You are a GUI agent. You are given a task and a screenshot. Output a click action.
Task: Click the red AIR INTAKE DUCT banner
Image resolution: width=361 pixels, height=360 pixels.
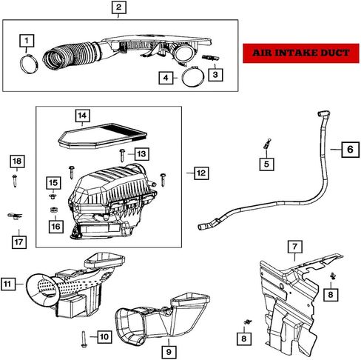[x=301, y=53]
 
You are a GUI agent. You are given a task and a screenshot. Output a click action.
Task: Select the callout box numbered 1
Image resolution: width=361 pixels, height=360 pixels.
[x=27, y=41]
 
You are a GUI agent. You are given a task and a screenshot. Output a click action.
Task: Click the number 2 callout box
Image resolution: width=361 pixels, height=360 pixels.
[x=119, y=7]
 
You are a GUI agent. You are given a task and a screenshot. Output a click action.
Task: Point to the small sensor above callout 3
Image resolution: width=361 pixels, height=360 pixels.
[x=211, y=59]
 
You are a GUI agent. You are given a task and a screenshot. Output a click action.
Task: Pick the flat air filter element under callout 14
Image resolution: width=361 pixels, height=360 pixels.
[x=103, y=136]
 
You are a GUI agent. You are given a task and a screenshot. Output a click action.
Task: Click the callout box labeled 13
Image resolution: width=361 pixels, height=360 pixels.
[x=141, y=154]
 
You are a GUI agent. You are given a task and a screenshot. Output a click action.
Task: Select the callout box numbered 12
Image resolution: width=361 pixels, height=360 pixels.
[x=201, y=173]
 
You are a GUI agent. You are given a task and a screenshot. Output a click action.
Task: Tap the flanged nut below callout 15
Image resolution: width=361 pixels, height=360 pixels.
[x=53, y=196]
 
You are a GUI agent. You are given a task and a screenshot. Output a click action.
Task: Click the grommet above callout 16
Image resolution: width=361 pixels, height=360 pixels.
[x=54, y=210]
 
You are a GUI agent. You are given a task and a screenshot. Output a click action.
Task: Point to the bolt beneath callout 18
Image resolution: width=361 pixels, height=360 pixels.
[x=15, y=181]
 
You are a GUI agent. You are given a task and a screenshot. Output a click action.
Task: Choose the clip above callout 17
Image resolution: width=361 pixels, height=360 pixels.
[x=15, y=216]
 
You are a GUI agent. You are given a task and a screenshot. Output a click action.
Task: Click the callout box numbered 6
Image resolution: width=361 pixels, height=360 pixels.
[x=350, y=150]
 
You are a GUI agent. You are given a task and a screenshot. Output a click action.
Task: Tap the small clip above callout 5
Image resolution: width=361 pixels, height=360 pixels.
[x=267, y=144]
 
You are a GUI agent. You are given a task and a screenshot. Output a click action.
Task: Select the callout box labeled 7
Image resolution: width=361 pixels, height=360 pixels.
[x=295, y=247]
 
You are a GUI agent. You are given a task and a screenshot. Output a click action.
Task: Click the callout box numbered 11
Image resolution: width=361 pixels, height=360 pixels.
[x=8, y=284]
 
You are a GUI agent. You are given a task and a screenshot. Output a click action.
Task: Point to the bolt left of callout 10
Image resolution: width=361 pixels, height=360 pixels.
[x=84, y=339]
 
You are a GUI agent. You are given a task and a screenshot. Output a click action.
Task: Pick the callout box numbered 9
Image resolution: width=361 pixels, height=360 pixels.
[x=169, y=352]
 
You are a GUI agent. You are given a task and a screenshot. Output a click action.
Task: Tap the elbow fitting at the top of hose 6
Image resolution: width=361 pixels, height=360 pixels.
[x=323, y=114]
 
